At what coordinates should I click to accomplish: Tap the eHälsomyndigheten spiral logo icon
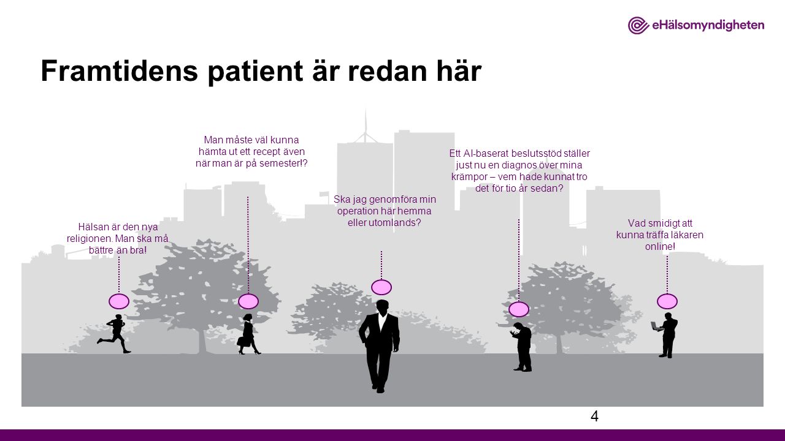[638, 25]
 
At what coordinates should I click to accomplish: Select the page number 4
[594, 416]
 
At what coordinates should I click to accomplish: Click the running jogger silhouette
[115, 334]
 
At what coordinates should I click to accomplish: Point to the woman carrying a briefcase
[248, 334]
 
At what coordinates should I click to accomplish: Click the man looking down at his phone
[522, 347]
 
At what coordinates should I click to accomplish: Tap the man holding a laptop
[665, 335]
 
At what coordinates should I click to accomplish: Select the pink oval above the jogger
[119, 301]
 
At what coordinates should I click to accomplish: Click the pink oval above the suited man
[381, 287]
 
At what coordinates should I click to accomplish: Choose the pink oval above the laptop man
[667, 301]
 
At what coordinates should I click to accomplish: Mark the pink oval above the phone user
[519, 309]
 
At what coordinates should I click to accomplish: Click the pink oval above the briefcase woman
[248, 301]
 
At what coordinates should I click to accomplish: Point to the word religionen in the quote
[90, 239]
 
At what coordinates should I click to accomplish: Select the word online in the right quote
[659, 246]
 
